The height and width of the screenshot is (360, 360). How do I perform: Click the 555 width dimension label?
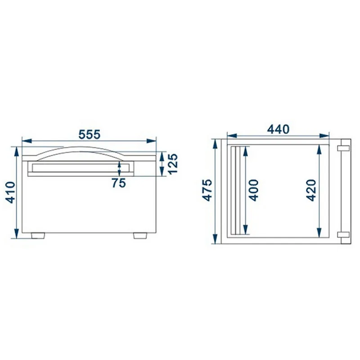[x=89, y=135]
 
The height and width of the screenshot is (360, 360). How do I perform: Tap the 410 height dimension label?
[x=10, y=193]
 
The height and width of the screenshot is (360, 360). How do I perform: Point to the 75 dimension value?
[x=119, y=183]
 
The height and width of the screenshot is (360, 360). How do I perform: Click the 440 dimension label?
[x=278, y=130]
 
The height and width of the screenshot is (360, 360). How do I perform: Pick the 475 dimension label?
[x=207, y=190]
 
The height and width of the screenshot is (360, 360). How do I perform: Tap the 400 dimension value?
[x=254, y=190]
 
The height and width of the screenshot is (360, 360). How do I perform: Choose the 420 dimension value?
[x=311, y=190]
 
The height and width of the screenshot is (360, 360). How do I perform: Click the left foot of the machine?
[x=38, y=236]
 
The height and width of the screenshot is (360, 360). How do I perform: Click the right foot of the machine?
[x=140, y=236]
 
